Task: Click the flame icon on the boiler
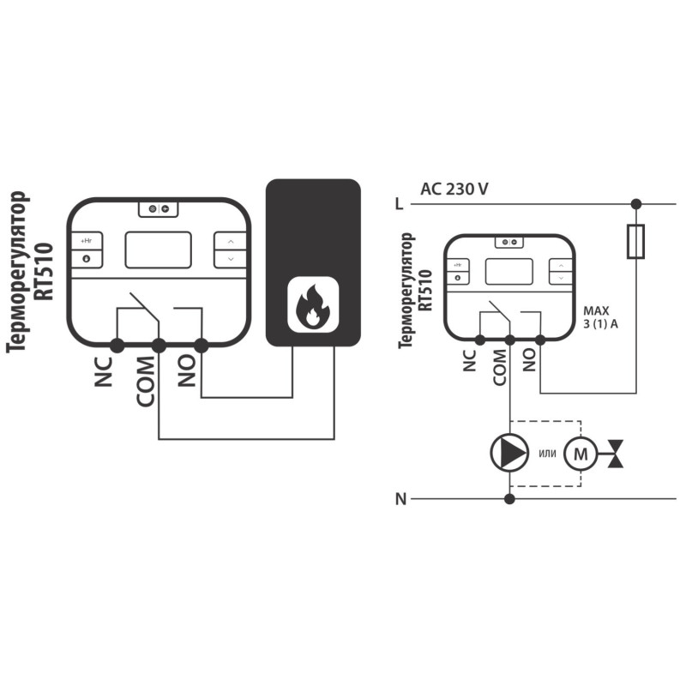coord(313,305)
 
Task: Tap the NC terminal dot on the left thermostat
coord(117,346)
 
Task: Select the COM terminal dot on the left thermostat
coord(159,346)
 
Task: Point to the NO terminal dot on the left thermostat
coord(201,346)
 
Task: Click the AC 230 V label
coord(454,189)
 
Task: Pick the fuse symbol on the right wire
coord(635,242)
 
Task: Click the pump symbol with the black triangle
coord(509,453)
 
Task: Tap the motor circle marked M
coord(581,454)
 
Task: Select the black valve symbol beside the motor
coord(616,454)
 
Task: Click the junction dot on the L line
coord(636,204)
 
